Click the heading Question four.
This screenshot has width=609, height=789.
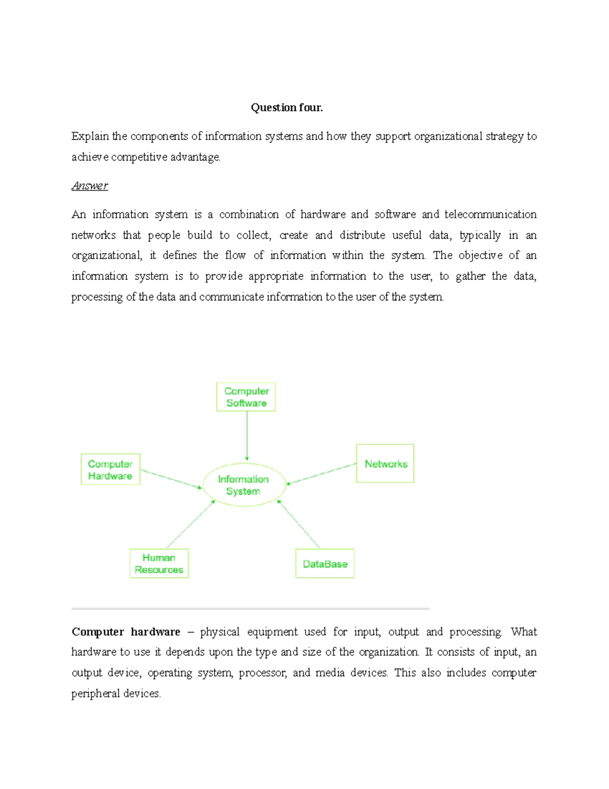(x=287, y=107)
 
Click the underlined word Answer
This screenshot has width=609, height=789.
(x=90, y=185)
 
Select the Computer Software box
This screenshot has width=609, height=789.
(x=246, y=397)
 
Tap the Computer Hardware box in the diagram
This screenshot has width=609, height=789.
(x=110, y=469)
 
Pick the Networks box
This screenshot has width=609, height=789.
(x=385, y=463)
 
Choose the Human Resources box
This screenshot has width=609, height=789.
(x=159, y=563)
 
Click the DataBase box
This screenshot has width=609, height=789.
(x=325, y=563)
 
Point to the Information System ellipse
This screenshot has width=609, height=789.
(x=244, y=485)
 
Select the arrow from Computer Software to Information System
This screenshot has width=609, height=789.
(x=247, y=436)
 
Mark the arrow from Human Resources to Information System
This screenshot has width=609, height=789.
(x=191, y=524)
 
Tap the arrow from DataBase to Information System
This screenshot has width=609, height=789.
(x=299, y=524)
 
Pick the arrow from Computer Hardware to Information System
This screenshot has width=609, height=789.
(x=171, y=479)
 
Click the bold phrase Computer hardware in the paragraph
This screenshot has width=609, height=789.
(x=126, y=632)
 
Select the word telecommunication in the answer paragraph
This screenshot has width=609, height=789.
(x=490, y=214)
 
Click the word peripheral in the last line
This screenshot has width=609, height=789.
(x=93, y=693)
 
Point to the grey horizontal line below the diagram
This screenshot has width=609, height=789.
(x=251, y=608)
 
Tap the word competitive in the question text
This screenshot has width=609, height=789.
(x=139, y=157)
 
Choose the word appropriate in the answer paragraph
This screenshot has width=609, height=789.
(x=276, y=276)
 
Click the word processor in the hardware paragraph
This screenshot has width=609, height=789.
(x=263, y=673)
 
